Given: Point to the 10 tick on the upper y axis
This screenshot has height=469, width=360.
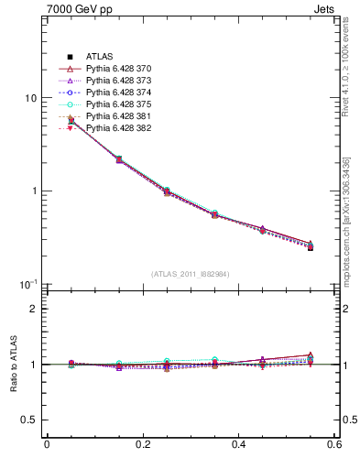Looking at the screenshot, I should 30,98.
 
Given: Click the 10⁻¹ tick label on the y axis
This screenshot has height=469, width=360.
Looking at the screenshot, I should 27,284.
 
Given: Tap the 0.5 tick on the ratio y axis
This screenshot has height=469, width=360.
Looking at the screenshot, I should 27,420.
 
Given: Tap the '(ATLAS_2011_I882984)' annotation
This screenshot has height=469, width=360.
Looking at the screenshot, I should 191,274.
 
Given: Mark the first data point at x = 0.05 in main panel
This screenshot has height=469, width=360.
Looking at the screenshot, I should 71,120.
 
